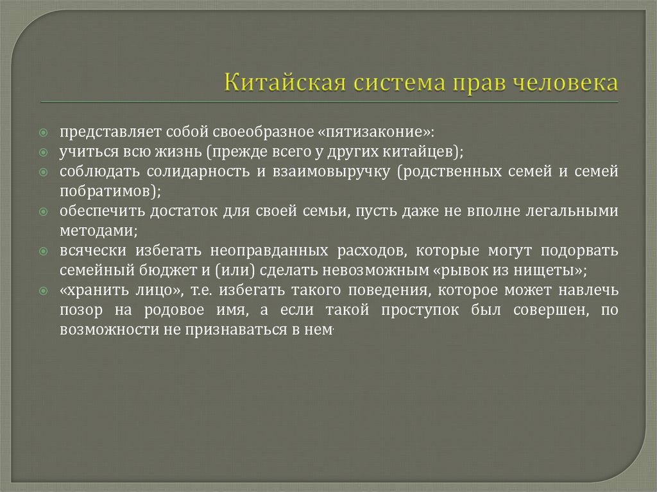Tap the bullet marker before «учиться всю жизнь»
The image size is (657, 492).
42,153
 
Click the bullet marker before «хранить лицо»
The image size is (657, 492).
42,290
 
